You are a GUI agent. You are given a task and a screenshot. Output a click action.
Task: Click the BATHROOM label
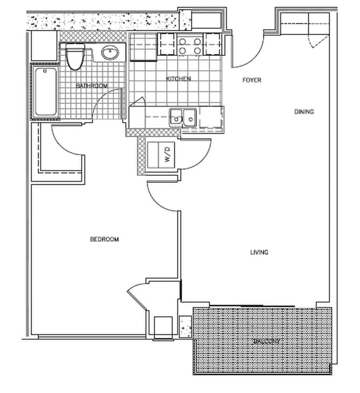[x=92, y=86]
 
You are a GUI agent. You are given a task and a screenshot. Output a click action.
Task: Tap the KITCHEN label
[x=178, y=79]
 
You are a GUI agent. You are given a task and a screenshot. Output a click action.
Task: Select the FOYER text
[x=252, y=80]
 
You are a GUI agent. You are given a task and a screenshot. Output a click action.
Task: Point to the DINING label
[x=304, y=112]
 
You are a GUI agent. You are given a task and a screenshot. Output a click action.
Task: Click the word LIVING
[x=259, y=252]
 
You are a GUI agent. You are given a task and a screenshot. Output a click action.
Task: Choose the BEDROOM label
[x=104, y=239]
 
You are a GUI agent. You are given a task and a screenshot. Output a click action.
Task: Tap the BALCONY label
[x=266, y=341]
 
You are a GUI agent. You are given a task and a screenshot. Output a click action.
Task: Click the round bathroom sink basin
[x=110, y=53]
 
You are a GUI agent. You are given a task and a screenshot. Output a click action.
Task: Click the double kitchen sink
[x=183, y=117]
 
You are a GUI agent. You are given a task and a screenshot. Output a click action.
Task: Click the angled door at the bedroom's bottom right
[x=138, y=296]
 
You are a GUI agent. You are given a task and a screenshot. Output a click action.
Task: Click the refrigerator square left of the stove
[x=143, y=47]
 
